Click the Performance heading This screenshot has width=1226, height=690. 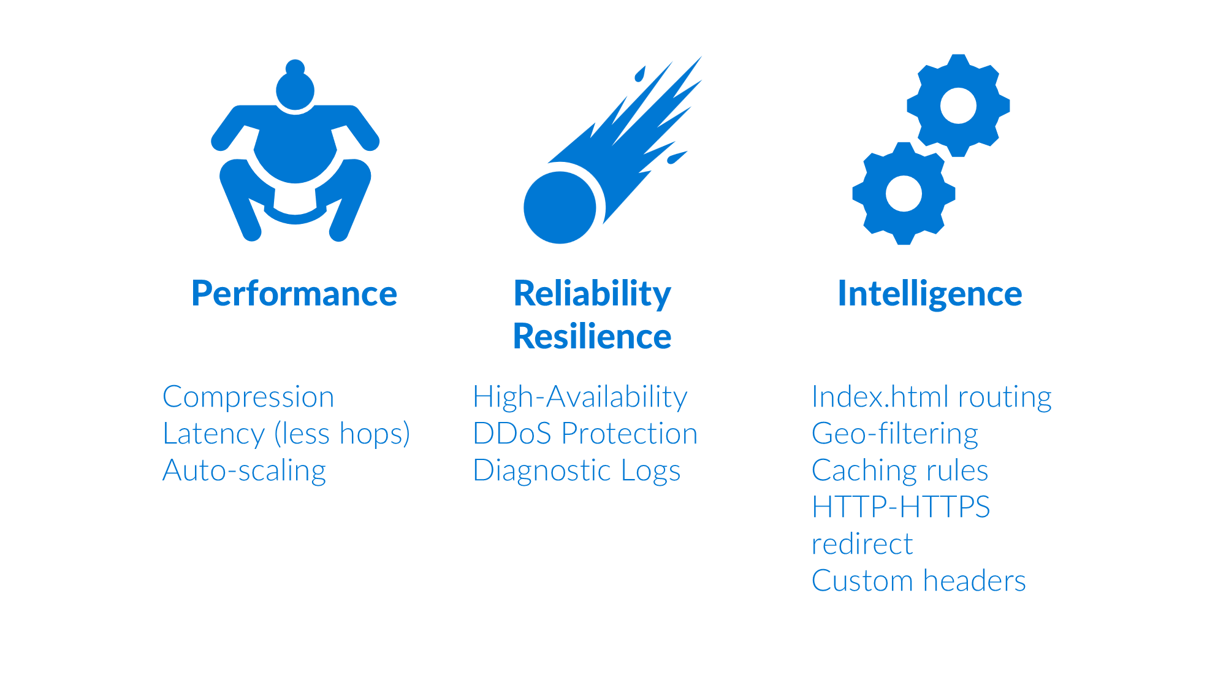(294, 294)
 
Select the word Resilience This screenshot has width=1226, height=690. (592, 337)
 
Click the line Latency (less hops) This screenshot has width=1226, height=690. (286, 434)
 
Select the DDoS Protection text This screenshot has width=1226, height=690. (585, 434)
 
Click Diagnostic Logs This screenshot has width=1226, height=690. (577, 471)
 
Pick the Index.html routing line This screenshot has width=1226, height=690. (932, 397)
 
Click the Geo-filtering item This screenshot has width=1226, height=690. (895, 434)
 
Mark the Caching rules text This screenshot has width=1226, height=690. (900, 471)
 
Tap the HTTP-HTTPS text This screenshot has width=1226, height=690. (901, 507)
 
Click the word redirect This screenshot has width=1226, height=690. (862, 544)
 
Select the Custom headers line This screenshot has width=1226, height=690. (919, 581)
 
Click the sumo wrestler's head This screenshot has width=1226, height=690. (295, 86)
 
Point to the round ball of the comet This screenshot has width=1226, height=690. (560, 207)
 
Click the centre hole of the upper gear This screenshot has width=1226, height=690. (958, 105)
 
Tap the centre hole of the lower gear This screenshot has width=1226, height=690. (904, 193)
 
